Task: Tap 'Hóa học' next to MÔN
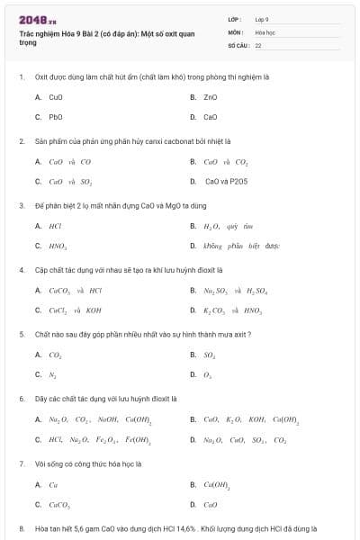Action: point(265,31)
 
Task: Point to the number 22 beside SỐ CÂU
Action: point(258,44)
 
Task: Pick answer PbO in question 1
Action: point(55,117)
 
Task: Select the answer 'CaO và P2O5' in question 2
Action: point(226,181)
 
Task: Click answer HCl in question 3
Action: point(55,226)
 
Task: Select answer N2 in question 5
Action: point(53,374)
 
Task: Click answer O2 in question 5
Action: point(209,374)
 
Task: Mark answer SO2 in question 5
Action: point(210,355)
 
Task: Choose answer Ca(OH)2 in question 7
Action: point(217,484)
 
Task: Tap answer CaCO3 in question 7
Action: point(59,504)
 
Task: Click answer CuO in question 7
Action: point(211,504)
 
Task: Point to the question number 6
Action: point(22,398)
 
